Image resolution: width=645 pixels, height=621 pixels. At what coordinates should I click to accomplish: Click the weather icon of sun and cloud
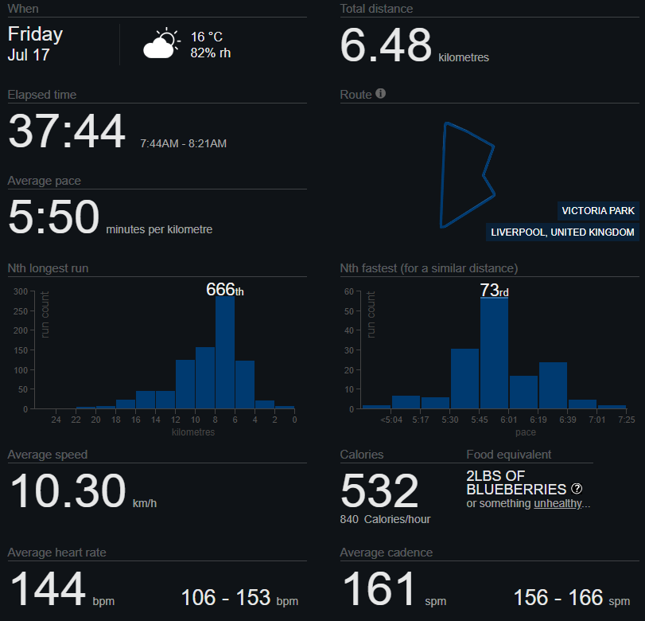click(x=161, y=43)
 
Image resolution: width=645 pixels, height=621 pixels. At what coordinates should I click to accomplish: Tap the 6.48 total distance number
click(x=386, y=45)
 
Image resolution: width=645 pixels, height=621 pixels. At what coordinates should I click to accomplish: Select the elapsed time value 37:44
click(x=67, y=131)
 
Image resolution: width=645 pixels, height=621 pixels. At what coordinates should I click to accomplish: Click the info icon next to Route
click(x=380, y=93)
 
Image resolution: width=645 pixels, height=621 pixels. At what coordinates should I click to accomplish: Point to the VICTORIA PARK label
click(x=598, y=211)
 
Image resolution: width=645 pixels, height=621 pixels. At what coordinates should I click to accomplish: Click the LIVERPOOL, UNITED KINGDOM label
click(x=562, y=232)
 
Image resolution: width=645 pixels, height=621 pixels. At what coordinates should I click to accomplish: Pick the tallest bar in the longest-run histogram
click(x=225, y=353)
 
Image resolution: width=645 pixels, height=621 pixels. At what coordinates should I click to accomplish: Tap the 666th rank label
click(x=224, y=290)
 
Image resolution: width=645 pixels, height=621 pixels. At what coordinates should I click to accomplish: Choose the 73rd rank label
click(x=494, y=291)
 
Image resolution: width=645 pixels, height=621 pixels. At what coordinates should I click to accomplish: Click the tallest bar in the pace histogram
click(x=494, y=353)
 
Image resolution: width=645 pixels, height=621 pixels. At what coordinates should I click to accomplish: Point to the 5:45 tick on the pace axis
click(x=480, y=420)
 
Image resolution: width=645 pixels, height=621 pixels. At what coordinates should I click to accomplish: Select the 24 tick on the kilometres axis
click(x=56, y=420)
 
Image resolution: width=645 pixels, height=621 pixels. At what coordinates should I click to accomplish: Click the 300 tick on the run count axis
click(x=21, y=291)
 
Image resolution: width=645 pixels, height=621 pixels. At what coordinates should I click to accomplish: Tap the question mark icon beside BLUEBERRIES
click(x=577, y=489)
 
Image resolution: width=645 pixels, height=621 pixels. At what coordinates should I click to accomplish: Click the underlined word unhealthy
click(x=558, y=503)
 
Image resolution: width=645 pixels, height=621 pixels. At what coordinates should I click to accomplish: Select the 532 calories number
click(x=379, y=490)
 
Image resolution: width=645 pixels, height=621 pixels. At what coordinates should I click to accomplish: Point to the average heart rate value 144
click(x=48, y=589)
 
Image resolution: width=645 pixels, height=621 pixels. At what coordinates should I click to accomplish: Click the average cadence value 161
click(x=379, y=589)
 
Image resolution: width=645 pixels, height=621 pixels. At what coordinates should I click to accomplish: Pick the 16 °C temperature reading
click(x=207, y=37)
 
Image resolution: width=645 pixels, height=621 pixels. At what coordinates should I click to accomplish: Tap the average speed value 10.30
click(x=68, y=490)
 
